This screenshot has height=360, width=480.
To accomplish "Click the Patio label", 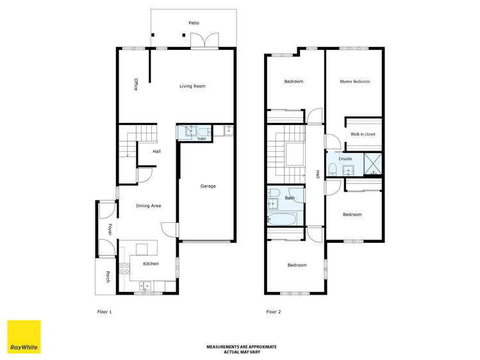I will (x=194, y=23).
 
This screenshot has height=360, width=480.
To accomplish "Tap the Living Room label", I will (x=192, y=86).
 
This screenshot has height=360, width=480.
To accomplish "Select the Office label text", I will (x=136, y=84).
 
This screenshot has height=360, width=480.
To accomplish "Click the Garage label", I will (x=208, y=186).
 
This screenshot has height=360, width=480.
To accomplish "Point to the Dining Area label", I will (x=148, y=206).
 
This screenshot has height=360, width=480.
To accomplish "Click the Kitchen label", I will (x=151, y=264).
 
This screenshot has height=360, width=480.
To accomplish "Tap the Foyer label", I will (x=110, y=229).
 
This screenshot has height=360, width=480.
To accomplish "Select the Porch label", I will (x=108, y=277).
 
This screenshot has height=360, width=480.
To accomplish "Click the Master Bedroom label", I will (x=355, y=81).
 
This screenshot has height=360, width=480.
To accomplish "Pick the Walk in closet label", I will (x=363, y=134).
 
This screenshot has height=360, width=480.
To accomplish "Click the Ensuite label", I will (x=345, y=158).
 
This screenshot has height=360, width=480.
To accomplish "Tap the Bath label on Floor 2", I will (x=290, y=198).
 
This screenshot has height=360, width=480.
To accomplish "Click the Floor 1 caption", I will (x=104, y=312).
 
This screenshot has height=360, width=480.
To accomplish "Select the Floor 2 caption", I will (x=274, y=312).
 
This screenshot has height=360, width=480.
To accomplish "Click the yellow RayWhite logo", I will (x=24, y=337).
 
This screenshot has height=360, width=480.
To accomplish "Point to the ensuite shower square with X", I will (x=373, y=165).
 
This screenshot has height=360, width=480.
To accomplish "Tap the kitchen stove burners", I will (x=124, y=270).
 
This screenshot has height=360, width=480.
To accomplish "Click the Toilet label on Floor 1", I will (x=201, y=138).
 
